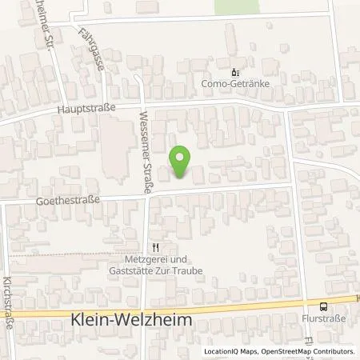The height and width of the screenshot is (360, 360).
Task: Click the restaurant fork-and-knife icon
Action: pyautogui.click(x=157, y=247)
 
